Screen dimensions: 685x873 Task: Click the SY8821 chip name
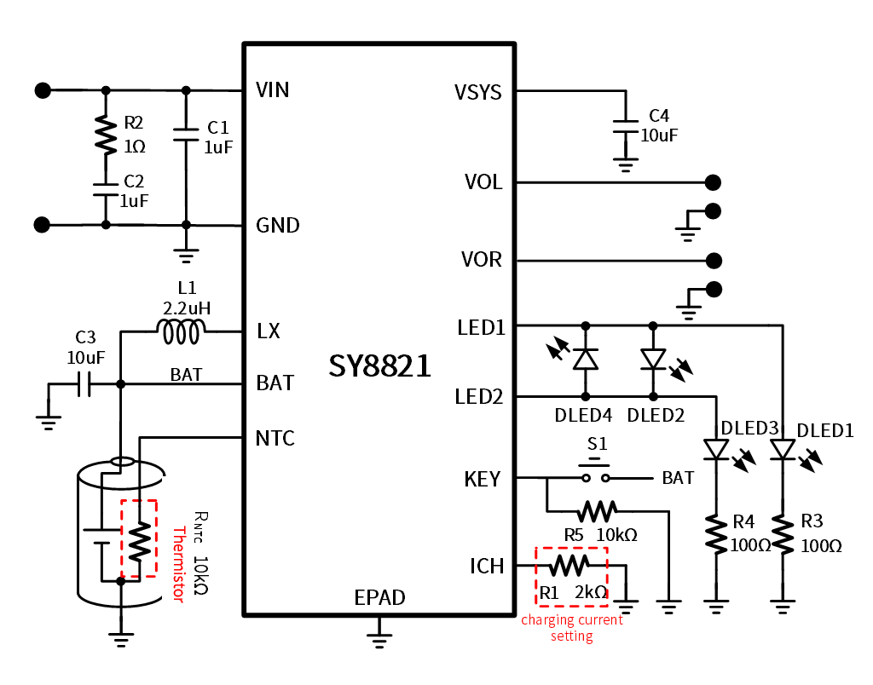click(379, 366)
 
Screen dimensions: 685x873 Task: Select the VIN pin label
click(273, 90)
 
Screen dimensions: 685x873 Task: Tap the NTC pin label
click(275, 439)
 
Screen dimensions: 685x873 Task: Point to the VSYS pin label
click(478, 92)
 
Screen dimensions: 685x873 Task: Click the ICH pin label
click(487, 566)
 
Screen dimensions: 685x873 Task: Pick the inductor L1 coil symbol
click(182, 332)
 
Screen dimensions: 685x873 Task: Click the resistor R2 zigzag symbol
click(106, 135)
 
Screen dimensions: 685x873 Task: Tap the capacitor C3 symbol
click(83, 385)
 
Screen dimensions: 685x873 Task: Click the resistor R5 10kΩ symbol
click(596, 511)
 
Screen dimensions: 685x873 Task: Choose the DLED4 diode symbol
click(586, 360)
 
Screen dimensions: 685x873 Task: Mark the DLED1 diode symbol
click(782, 449)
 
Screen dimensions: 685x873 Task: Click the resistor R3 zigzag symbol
click(782, 535)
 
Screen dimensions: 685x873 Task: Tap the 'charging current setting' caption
click(572, 628)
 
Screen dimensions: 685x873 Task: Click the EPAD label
click(379, 598)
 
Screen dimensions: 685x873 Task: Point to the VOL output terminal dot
click(713, 182)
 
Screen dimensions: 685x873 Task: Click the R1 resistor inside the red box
click(569, 566)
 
